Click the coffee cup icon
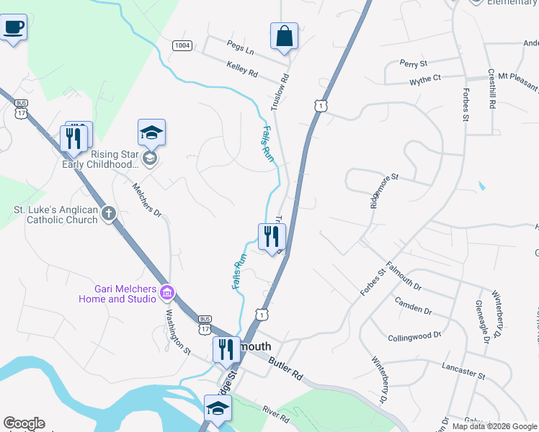[x=13, y=28]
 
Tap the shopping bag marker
[x=284, y=35]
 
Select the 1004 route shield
[x=182, y=45]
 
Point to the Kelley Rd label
[x=241, y=69]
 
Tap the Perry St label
[x=414, y=64]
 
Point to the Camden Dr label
[x=413, y=306]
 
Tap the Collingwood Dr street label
[x=414, y=336]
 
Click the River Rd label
[x=275, y=415]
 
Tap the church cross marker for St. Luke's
[x=109, y=213]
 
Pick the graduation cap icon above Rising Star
[x=151, y=132]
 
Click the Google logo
[x=24, y=423]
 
